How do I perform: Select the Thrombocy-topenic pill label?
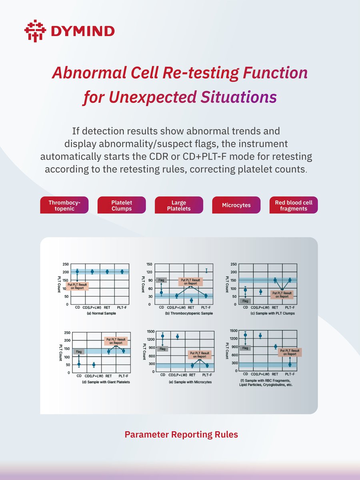click(64, 205)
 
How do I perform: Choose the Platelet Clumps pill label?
click(122, 205)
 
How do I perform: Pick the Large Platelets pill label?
click(179, 205)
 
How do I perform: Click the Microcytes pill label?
click(236, 205)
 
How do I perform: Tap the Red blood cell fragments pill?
click(294, 205)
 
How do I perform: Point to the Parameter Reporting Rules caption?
click(181, 434)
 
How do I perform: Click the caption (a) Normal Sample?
click(102, 314)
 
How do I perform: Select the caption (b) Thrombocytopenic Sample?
click(189, 313)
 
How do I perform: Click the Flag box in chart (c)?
click(246, 300)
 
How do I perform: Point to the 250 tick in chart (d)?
click(67, 333)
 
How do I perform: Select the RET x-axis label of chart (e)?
click(192, 375)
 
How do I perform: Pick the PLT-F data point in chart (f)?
click(290, 364)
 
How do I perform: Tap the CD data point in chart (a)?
click(77, 272)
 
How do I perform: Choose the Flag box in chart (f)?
click(246, 348)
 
